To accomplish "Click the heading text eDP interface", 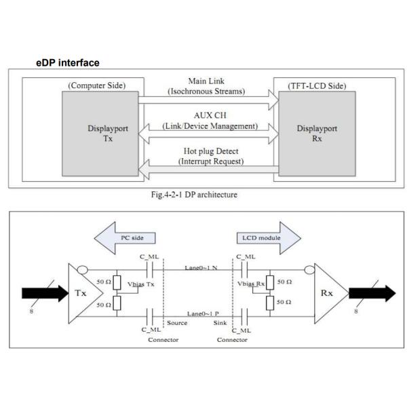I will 67,62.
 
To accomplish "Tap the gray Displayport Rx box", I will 308,132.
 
